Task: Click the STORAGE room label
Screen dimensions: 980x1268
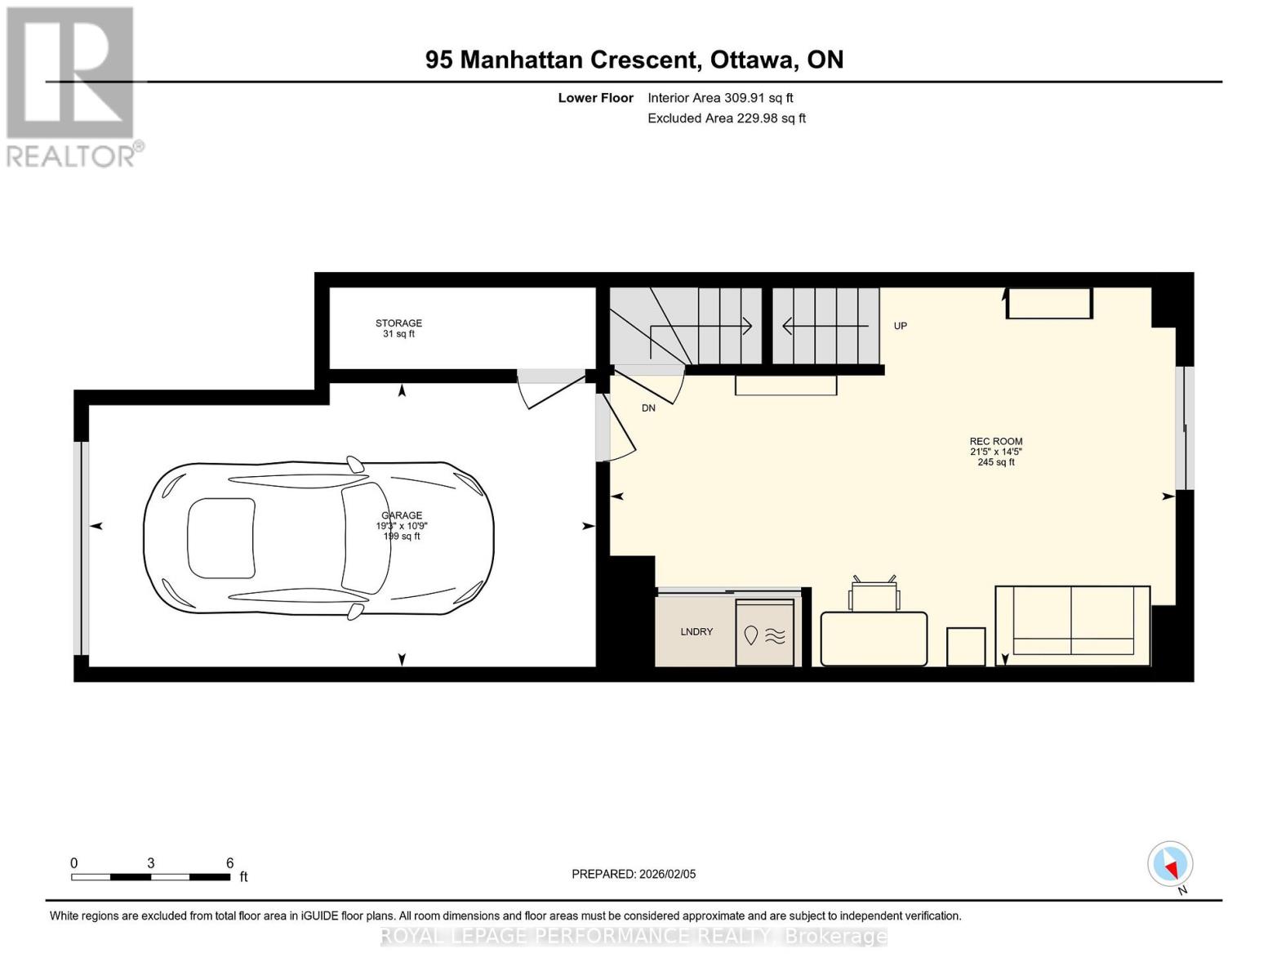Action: (x=398, y=323)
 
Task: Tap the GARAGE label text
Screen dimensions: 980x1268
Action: (x=402, y=515)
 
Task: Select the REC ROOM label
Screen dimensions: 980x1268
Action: (x=996, y=442)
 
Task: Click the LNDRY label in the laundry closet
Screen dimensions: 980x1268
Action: (x=696, y=632)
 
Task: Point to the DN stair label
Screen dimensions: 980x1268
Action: (x=648, y=408)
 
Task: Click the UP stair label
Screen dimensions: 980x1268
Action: (x=901, y=326)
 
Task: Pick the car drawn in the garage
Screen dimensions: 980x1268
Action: (x=318, y=538)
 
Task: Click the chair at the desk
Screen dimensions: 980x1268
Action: (x=874, y=594)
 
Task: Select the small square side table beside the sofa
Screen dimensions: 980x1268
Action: (x=966, y=646)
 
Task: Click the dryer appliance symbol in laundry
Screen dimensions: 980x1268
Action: (x=765, y=634)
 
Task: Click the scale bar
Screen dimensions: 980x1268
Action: (x=151, y=877)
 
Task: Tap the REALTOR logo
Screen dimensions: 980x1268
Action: (x=71, y=86)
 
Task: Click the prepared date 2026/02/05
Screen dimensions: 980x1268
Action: (x=667, y=874)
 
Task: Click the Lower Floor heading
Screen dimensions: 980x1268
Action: (x=595, y=98)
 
